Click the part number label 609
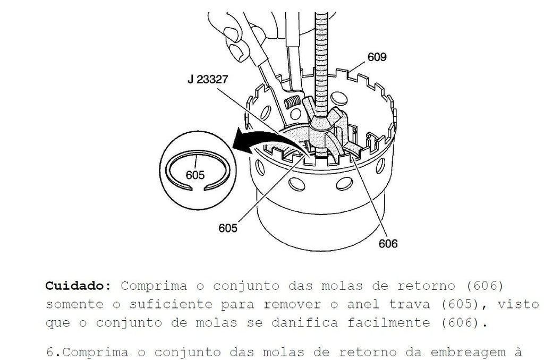tap(377, 57)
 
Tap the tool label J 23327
tap(208, 80)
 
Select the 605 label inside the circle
tap(195, 175)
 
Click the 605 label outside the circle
tap(228, 228)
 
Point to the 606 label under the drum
tap(388, 244)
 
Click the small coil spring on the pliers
tap(292, 102)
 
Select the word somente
tap(74, 304)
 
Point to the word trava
tap(409, 304)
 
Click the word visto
tap(518, 304)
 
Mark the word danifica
tap(304, 323)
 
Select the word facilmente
tap(388, 323)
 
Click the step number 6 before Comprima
tap(49, 353)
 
